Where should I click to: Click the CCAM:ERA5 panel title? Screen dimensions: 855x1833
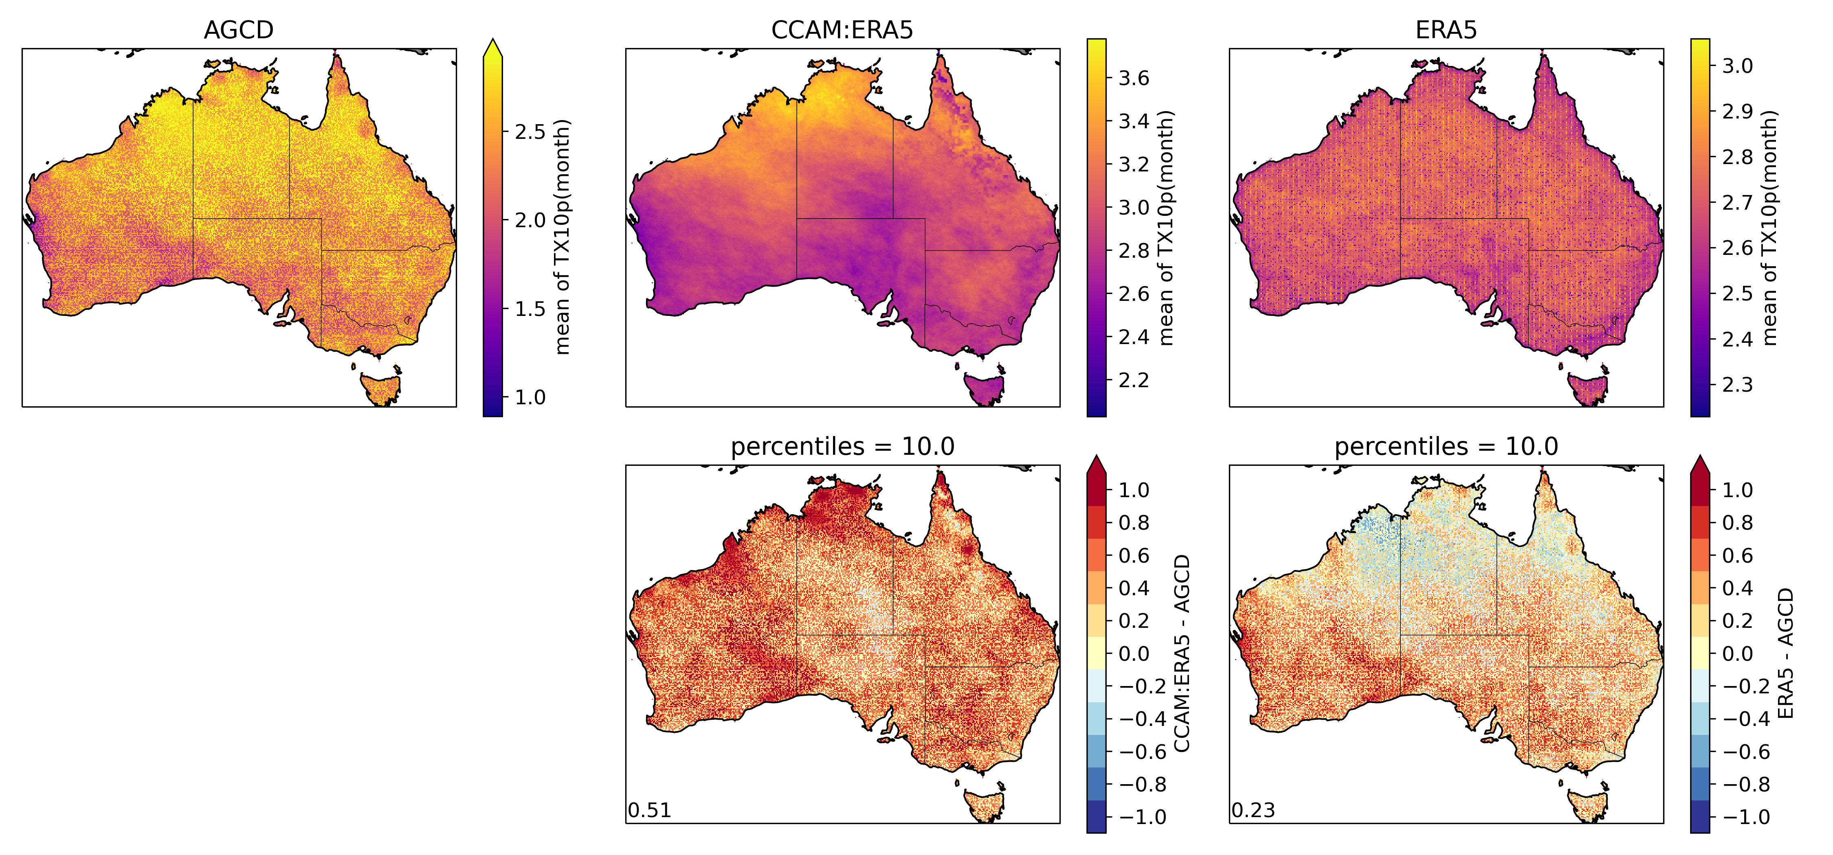[842, 30]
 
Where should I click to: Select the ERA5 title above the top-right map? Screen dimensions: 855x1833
[1446, 30]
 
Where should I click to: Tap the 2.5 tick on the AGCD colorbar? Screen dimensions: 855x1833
[530, 132]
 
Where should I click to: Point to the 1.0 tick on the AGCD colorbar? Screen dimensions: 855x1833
[530, 397]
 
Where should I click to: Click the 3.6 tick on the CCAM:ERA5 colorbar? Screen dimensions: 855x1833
[1134, 77]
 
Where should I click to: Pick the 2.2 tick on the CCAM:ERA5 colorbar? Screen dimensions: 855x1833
[1134, 380]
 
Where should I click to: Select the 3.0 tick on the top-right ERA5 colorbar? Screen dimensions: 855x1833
[1737, 66]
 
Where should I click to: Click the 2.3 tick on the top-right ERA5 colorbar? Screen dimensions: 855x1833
[1737, 385]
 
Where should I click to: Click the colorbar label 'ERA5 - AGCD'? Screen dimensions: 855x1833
[1785, 653]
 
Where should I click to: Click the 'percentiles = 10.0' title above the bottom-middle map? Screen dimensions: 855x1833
[842, 447]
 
